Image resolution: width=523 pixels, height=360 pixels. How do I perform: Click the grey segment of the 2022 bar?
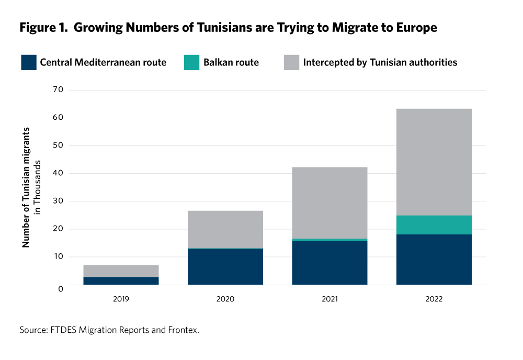pos(434,162)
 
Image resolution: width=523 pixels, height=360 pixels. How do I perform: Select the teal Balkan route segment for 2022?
pos(434,225)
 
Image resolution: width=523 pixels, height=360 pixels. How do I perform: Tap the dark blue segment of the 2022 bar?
pos(434,260)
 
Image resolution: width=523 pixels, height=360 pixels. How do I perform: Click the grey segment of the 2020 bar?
pos(225,229)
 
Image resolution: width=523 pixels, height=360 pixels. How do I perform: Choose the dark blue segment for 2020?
pos(225,266)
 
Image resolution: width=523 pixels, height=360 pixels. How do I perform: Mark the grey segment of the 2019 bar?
pos(121,271)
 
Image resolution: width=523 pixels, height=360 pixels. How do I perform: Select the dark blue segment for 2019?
pos(121,281)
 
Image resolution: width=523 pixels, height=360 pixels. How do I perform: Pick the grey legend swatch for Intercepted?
pos(291,63)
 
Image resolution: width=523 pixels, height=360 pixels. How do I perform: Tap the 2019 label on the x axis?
pos(121,299)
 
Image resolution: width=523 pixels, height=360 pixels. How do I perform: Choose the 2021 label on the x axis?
pos(329,299)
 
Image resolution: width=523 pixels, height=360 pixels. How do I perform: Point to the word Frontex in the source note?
pos(183,330)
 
